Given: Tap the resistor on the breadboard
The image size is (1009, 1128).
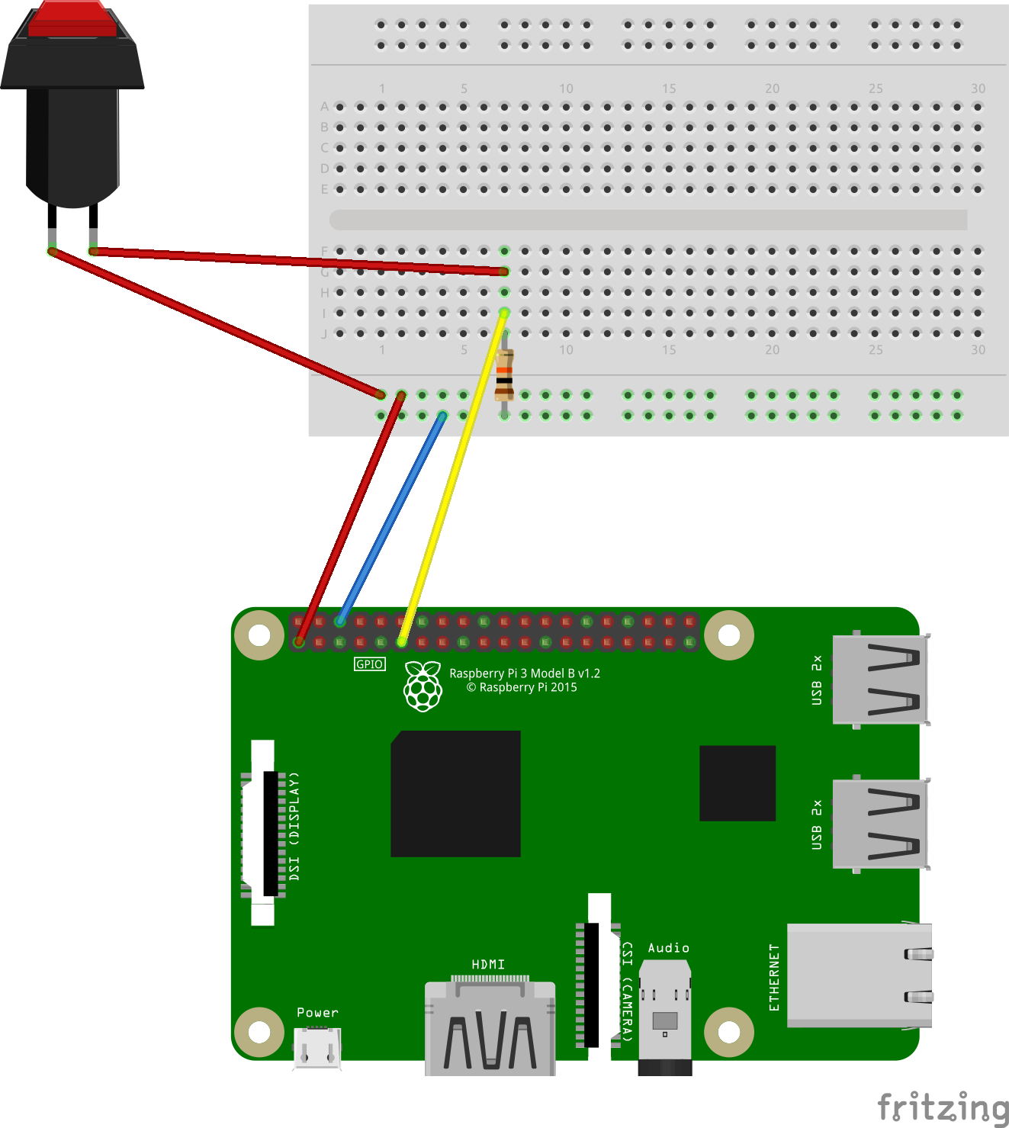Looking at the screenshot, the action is [504, 375].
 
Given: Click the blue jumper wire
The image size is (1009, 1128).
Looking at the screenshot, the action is [390, 519].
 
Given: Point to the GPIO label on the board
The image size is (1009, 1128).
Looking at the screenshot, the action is [370, 664].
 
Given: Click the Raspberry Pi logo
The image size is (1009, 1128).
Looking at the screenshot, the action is [423, 686].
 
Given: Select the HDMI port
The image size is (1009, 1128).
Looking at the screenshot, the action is [490, 1030].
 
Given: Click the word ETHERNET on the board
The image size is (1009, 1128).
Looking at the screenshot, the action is [774, 977].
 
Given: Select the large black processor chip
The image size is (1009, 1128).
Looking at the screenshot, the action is [456, 794].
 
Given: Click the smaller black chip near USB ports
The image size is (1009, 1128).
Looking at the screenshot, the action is [737, 783].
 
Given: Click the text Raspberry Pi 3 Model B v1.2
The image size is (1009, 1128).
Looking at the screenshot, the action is [525, 673].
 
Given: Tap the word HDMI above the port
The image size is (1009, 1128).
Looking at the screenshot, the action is [488, 965].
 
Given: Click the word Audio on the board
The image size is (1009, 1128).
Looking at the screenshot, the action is [669, 948].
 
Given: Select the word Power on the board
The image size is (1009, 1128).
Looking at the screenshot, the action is [317, 1013].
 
